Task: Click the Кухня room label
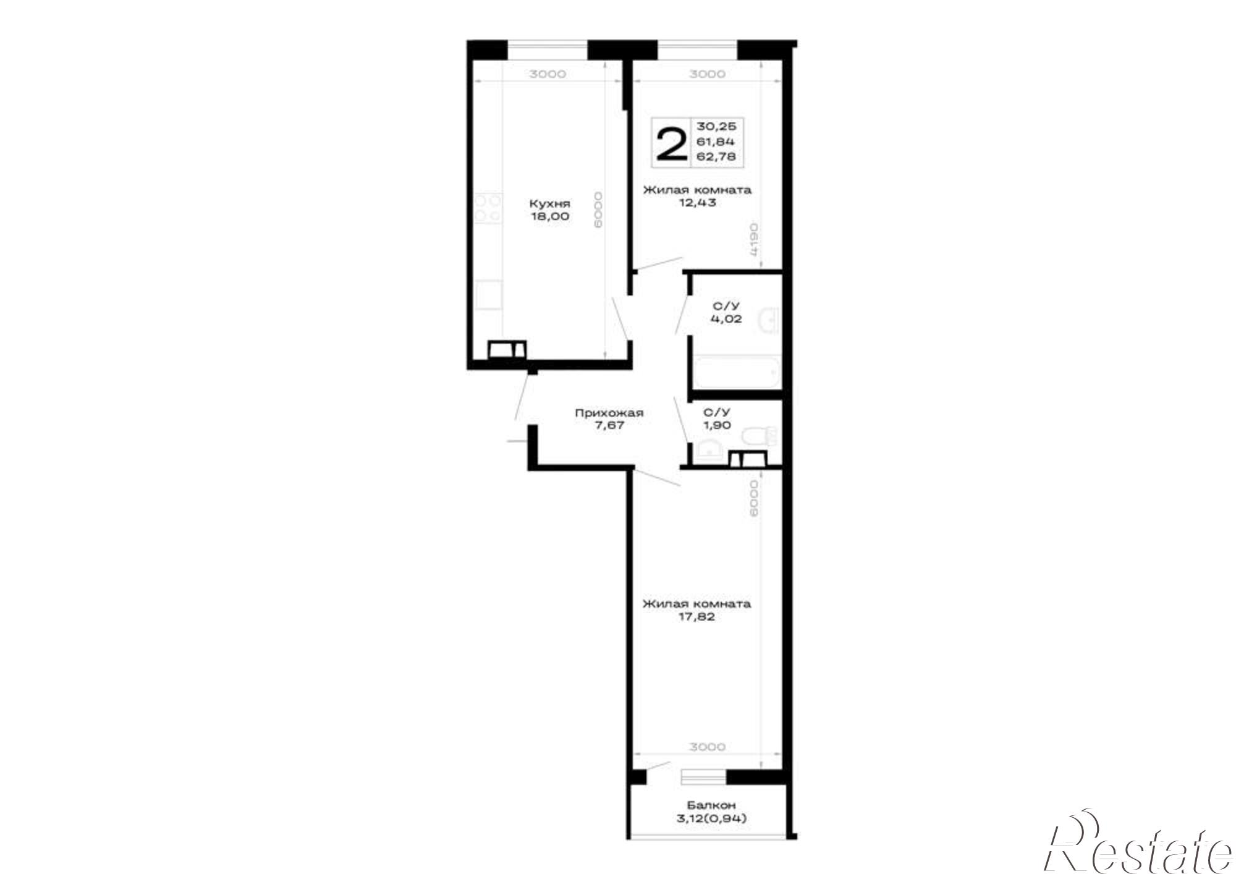[549, 203]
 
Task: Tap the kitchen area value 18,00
[549, 216]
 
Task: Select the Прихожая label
[609, 413]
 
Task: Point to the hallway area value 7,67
[609, 425]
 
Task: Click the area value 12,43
[697, 202]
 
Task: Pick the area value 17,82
[696, 616]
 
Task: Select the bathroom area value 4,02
[726, 319]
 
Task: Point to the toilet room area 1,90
[717, 425]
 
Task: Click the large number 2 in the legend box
[671, 144]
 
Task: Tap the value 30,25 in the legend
[716, 126]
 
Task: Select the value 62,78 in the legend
[716, 156]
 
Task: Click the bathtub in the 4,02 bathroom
[736, 373]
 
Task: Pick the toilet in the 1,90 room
[760, 436]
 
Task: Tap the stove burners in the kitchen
[488, 208]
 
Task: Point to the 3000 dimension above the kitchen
[548, 74]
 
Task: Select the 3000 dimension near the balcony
[707, 747]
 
